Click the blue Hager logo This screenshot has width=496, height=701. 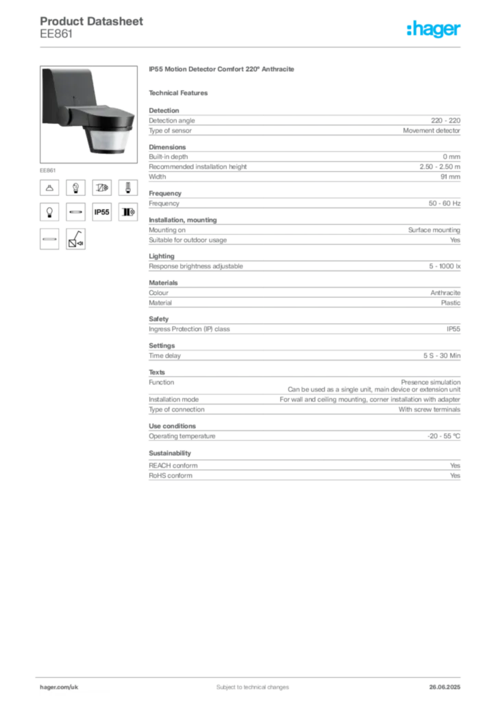[434, 30]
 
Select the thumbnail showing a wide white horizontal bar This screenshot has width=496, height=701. [49, 239]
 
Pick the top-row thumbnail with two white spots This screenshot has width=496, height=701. [75, 187]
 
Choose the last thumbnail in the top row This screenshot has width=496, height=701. [127, 187]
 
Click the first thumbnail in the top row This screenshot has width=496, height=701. [49, 187]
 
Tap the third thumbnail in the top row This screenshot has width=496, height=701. [101, 187]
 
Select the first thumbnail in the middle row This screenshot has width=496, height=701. [49, 213]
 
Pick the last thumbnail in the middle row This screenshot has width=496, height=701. [127, 213]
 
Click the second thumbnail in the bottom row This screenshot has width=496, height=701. [75, 239]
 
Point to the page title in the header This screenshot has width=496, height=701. [93, 21]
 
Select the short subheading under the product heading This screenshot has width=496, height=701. [181, 92]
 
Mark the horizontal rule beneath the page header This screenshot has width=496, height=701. [252, 47]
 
